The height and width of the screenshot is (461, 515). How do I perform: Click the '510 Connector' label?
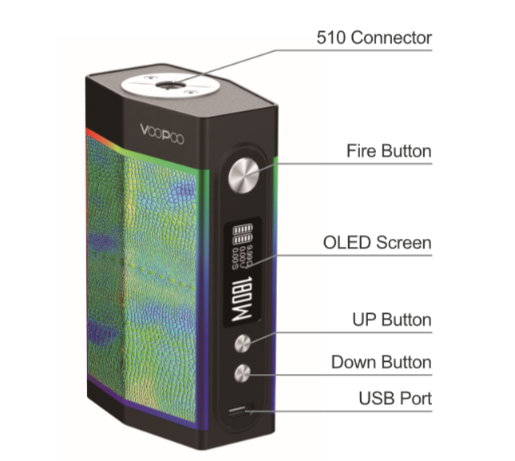(374, 38)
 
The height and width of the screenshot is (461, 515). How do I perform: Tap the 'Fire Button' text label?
(389, 151)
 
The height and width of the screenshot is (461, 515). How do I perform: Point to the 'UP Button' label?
(391, 320)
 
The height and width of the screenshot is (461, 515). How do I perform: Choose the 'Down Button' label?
(381, 363)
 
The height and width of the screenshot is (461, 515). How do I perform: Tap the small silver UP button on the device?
(242, 343)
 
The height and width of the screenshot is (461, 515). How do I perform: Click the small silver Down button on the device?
(242, 372)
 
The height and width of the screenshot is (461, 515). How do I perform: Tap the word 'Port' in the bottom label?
(416, 398)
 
